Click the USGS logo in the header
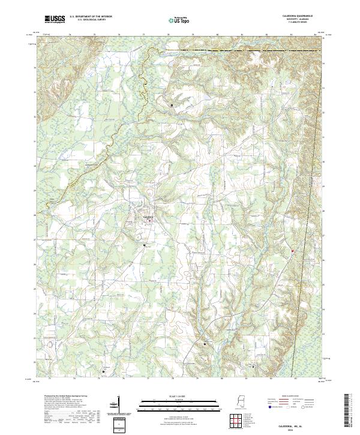coord(55,19)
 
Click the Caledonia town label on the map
coord(148,216)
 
